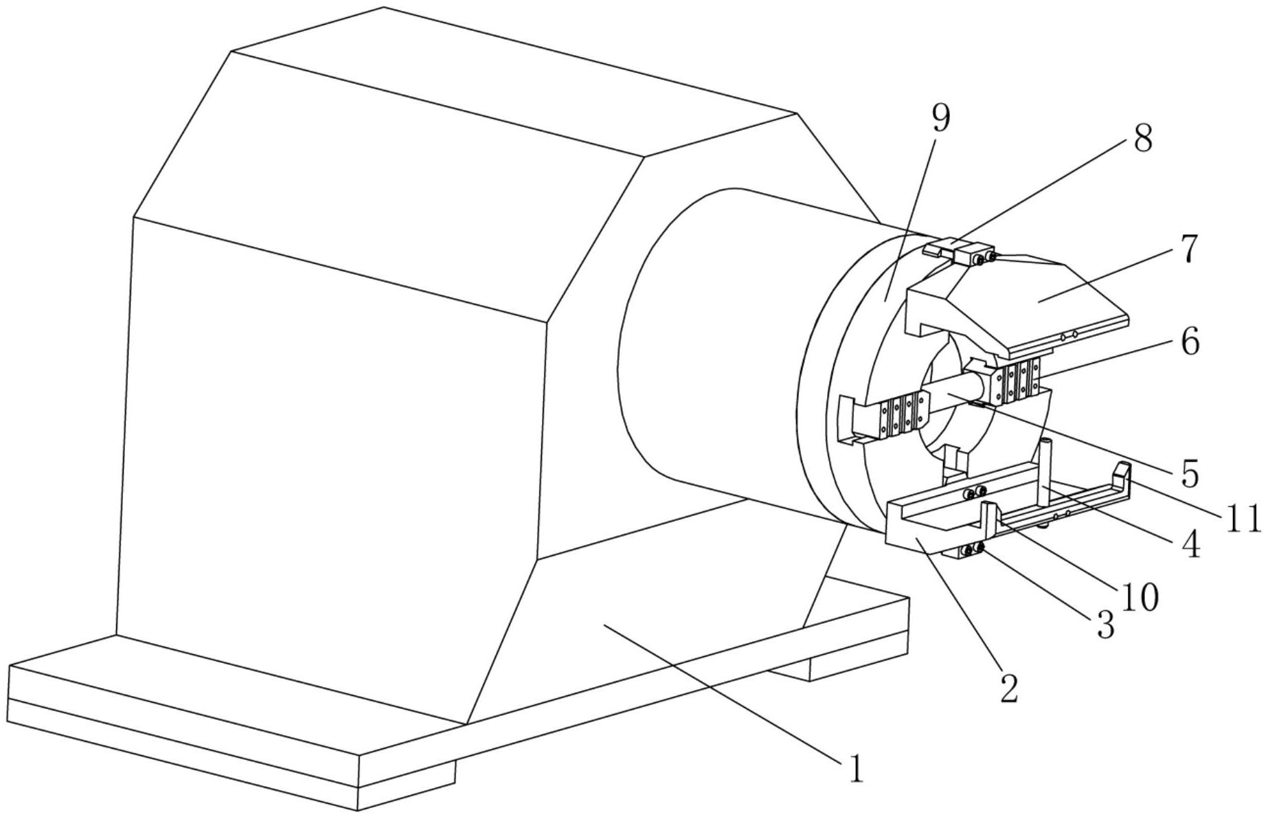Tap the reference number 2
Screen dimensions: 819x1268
pos(1008,688)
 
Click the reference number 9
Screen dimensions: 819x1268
pos(941,118)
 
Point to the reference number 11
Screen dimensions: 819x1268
pos(1243,519)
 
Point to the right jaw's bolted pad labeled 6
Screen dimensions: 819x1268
pos(1019,382)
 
